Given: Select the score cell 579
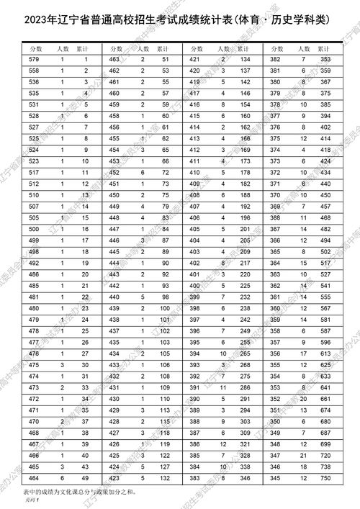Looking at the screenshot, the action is point(33,58).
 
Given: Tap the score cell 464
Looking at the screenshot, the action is point(33,477).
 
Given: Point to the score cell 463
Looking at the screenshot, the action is point(114,58).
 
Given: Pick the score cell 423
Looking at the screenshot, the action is point(114,477).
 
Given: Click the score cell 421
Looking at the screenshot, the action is point(194,58).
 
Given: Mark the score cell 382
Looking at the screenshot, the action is point(274,58).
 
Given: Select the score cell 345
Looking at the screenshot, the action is point(274,477).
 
